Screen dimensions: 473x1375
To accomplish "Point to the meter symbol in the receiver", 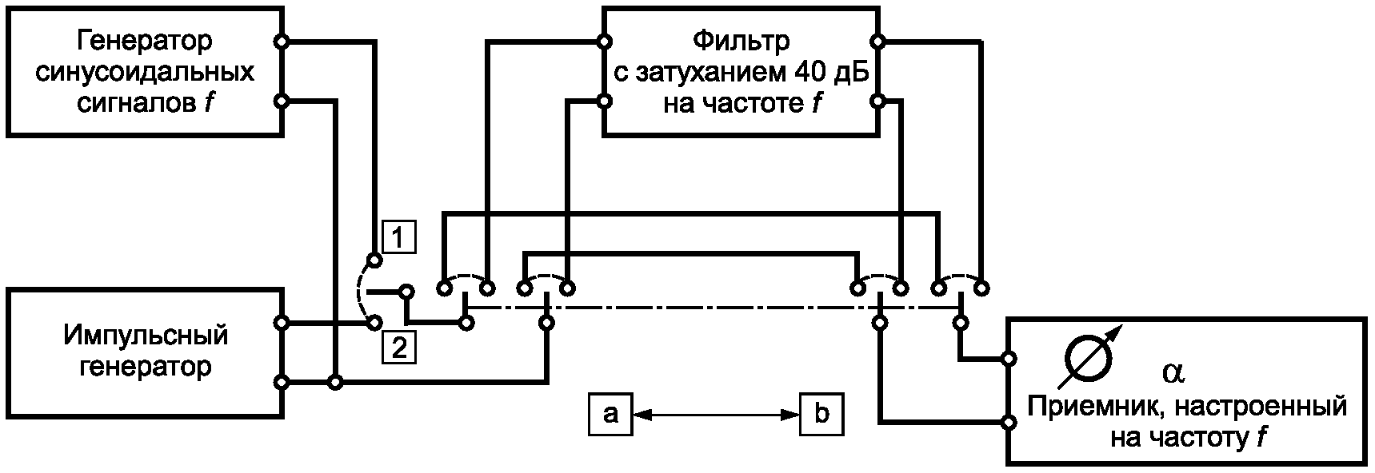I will [1091, 356].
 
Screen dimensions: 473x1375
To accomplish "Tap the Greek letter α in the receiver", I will [1173, 372].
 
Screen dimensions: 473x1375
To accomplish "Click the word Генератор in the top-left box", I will [145, 40].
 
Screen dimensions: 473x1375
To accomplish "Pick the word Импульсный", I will [145, 336].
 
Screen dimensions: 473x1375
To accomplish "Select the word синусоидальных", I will [145, 72].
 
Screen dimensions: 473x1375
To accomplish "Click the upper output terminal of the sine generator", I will [281, 41].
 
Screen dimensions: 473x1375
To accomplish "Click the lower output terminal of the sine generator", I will [281, 101].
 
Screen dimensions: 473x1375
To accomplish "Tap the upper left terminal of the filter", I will [605, 41].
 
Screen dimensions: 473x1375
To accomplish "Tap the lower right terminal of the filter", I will [878, 101].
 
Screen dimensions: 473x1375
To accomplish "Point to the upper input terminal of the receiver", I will [1009, 358].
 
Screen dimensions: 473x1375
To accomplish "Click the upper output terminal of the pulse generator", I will [281, 323].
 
